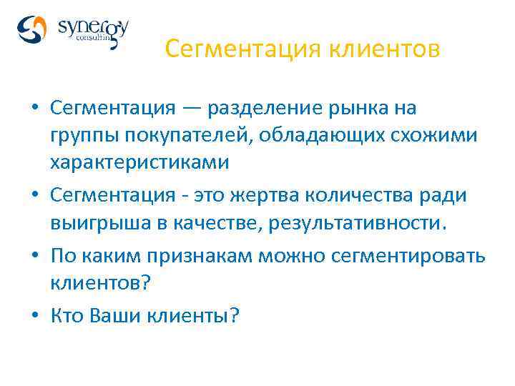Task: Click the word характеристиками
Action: click(x=139, y=162)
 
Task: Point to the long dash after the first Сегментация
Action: click(x=191, y=108)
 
